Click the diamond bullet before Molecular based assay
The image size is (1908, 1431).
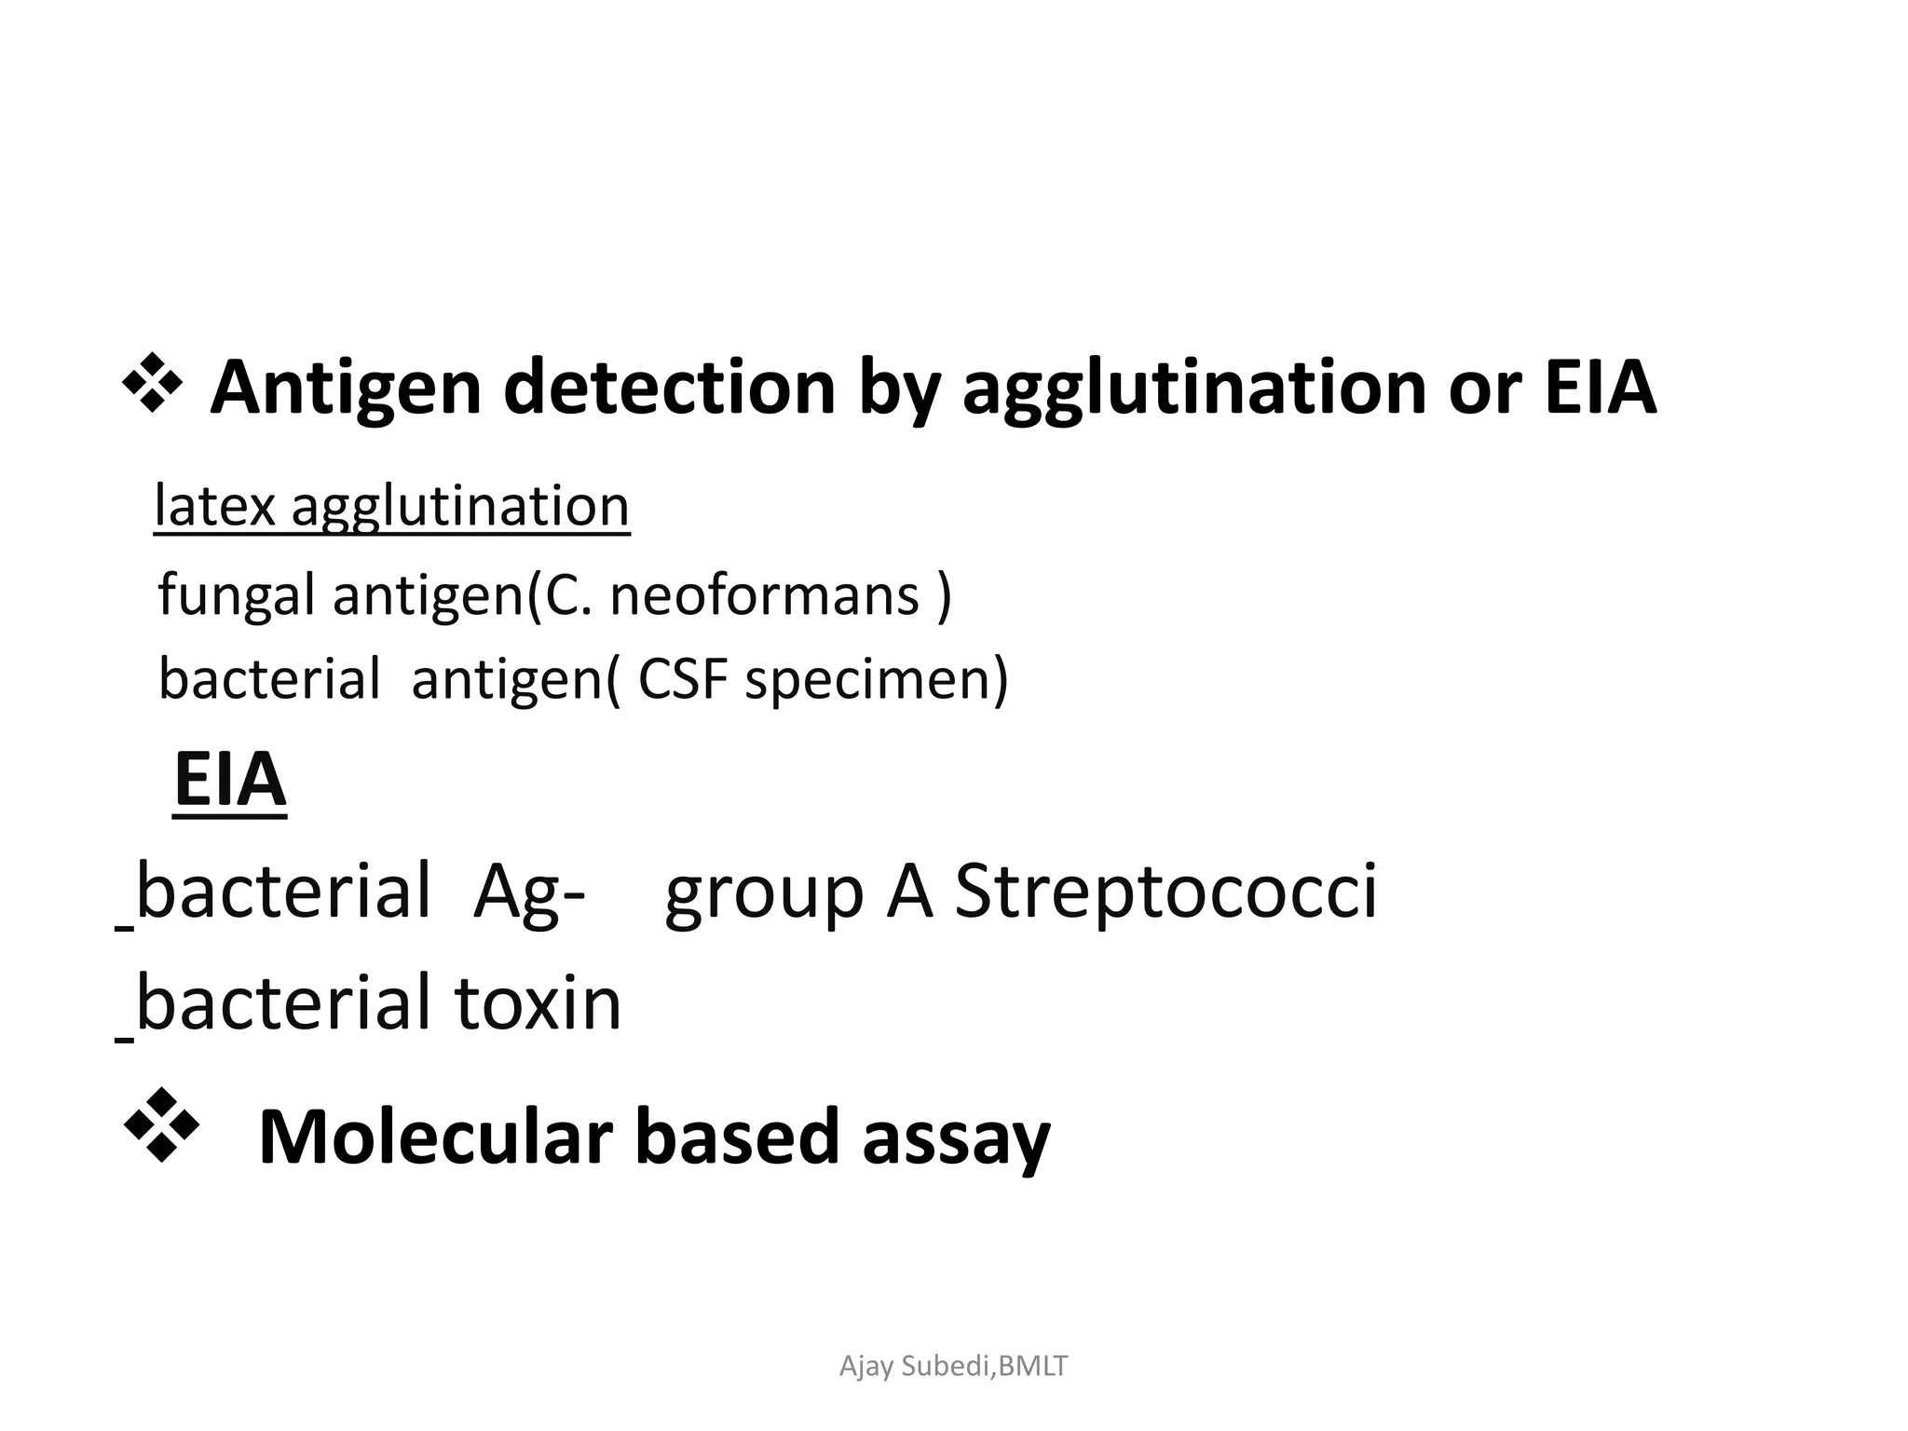coord(161,1124)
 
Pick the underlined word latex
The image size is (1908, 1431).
coord(214,507)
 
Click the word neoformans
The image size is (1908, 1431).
coord(764,594)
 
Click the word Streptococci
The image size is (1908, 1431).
coord(1165,891)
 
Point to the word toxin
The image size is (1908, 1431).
coord(538,1002)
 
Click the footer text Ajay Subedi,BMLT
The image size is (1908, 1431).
coord(953,1366)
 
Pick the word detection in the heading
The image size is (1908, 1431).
coord(669,388)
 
